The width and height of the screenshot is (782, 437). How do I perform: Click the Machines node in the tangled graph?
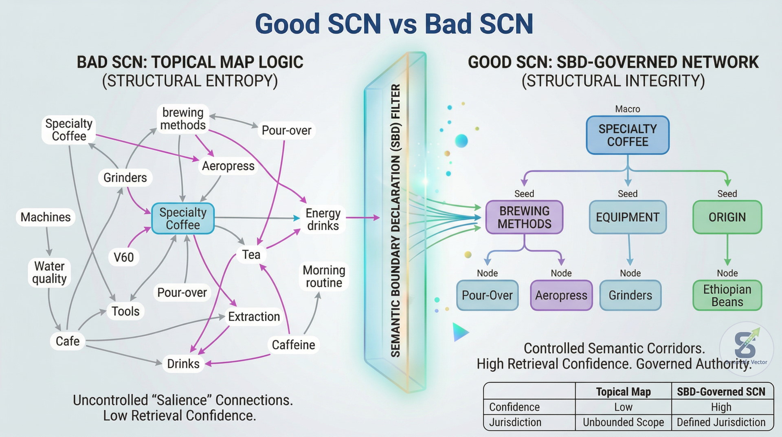pyautogui.click(x=46, y=217)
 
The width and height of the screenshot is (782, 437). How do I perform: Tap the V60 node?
pyautogui.click(x=123, y=257)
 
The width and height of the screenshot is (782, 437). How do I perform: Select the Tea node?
pyautogui.click(x=251, y=255)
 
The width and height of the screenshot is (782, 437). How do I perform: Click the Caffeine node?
pyautogui.click(x=293, y=345)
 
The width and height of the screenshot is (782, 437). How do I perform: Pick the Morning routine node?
pyautogui.click(x=324, y=276)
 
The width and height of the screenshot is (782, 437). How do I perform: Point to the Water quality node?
pyautogui.click(x=49, y=272)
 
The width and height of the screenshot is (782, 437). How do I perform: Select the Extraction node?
pyautogui.click(x=254, y=316)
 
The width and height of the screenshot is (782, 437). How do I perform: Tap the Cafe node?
pyautogui.click(x=68, y=341)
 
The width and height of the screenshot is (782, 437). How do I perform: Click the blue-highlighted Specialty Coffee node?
pyautogui.click(x=183, y=218)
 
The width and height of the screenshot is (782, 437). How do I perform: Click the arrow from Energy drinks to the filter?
pyautogui.click(x=362, y=218)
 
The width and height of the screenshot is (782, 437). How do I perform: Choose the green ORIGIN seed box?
pyautogui.click(x=727, y=217)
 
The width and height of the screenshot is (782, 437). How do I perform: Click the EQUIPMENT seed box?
pyautogui.click(x=628, y=217)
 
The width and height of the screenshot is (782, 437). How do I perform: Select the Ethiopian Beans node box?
pyautogui.click(x=727, y=296)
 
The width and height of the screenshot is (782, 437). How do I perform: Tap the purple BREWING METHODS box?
pyautogui.click(x=524, y=217)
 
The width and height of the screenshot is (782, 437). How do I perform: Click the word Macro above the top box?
pyautogui.click(x=628, y=109)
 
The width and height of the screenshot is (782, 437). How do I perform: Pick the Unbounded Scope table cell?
pyautogui.click(x=623, y=422)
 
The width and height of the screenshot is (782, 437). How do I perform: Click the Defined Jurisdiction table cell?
pyautogui.click(x=721, y=422)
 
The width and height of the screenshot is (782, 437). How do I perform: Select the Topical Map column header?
pyautogui.click(x=623, y=392)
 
